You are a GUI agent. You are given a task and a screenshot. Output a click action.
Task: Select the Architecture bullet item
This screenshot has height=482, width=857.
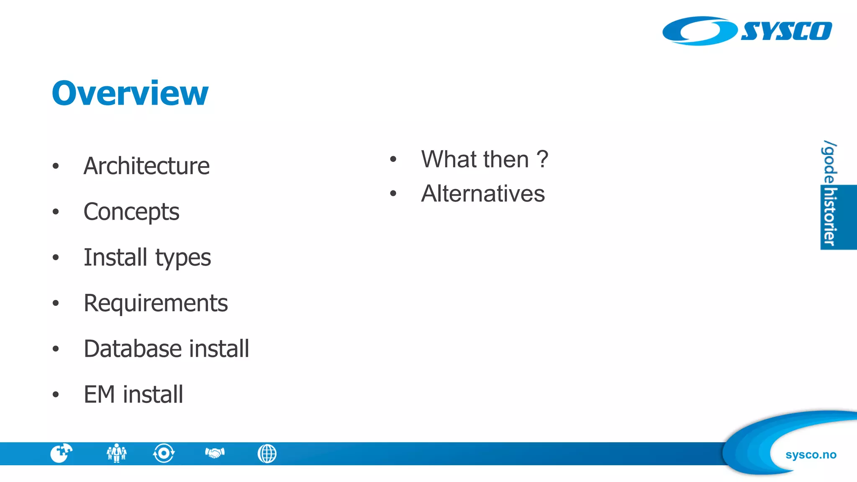point(146,166)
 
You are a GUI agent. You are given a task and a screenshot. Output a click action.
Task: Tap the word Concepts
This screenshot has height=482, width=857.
point(131,212)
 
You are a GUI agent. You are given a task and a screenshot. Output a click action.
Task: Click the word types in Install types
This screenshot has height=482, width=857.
point(183,258)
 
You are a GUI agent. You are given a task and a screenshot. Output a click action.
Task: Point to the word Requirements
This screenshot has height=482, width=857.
point(156,303)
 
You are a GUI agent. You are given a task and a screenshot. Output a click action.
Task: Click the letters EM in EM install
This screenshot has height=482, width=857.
point(99,394)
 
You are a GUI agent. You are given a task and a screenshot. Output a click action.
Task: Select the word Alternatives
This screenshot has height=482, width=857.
point(483,194)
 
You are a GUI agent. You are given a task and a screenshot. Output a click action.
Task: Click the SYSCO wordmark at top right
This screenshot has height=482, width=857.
point(786,31)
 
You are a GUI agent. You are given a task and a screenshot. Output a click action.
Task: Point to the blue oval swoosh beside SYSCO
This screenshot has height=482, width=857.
point(699,31)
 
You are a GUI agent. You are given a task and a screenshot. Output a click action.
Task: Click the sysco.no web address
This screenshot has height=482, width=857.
point(811,455)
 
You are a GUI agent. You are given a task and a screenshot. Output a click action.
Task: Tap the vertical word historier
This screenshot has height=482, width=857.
point(830,217)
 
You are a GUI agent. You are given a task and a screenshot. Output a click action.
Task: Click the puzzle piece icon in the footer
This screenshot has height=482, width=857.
point(61,453)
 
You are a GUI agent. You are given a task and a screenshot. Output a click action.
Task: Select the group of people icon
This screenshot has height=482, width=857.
point(116,453)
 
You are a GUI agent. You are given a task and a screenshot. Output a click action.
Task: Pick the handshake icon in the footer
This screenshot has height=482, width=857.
point(215,453)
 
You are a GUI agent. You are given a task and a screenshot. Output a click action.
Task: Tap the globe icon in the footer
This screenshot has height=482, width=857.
point(267,454)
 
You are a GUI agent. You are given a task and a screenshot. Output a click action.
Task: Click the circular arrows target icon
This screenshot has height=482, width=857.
point(164,453)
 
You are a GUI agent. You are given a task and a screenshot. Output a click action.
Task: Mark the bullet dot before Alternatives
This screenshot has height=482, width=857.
point(393,193)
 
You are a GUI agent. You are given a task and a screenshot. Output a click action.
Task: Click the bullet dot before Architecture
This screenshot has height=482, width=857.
point(56,166)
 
